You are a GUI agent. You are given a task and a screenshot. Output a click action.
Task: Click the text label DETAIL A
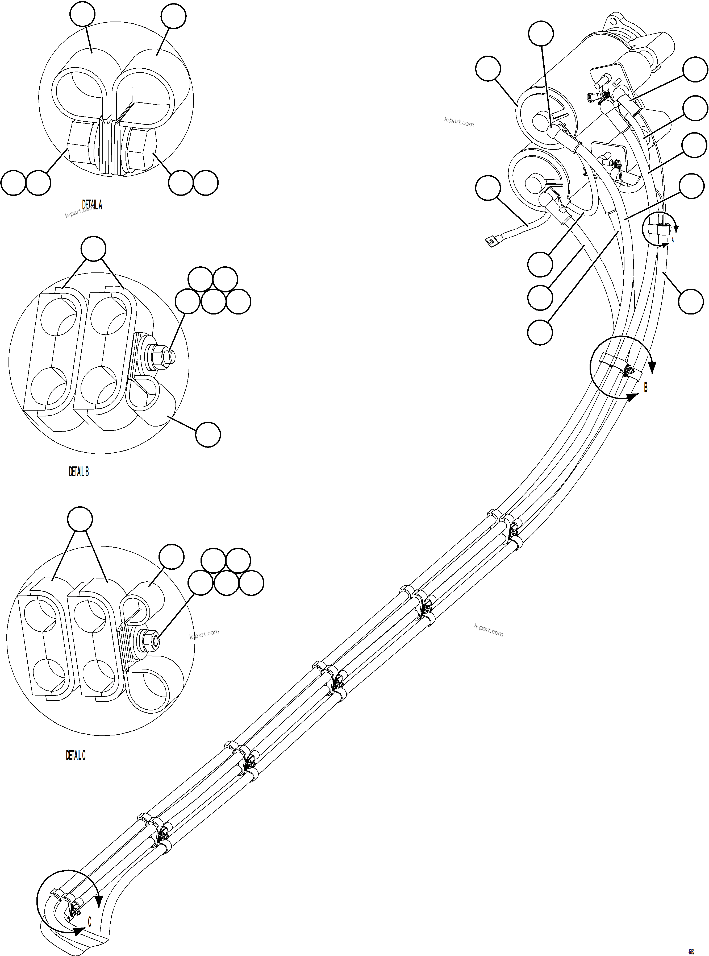pyautogui.click(x=92, y=205)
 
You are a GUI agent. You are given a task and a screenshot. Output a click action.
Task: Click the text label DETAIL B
pyautogui.click(x=78, y=472)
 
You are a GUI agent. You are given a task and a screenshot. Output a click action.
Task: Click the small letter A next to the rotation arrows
pyautogui.click(x=673, y=240)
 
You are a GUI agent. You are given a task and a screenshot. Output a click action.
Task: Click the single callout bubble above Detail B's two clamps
pyautogui.click(x=94, y=248)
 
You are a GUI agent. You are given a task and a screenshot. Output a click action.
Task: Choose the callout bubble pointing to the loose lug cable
pyautogui.click(x=488, y=188)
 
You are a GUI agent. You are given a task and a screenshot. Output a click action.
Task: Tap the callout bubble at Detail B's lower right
pyautogui.click(x=208, y=434)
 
